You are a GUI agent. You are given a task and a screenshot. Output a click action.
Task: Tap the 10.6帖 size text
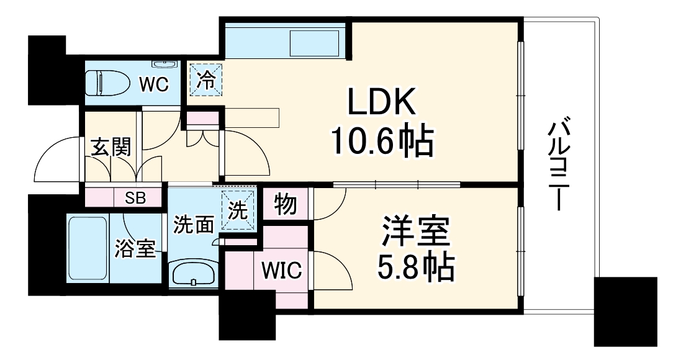click(381, 143)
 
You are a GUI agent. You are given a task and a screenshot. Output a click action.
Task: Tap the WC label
click(153, 84)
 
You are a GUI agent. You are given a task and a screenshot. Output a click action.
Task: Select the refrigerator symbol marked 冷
click(204, 80)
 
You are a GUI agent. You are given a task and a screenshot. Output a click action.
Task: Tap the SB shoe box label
click(135, 198)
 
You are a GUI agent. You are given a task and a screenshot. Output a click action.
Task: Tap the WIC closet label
click(281, 271)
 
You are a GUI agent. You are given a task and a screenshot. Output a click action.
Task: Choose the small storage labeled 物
click(285, 205)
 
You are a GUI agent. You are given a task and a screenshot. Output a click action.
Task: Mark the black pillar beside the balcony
click(625, 312)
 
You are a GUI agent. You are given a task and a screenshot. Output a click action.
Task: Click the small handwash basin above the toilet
click(165, 64)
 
